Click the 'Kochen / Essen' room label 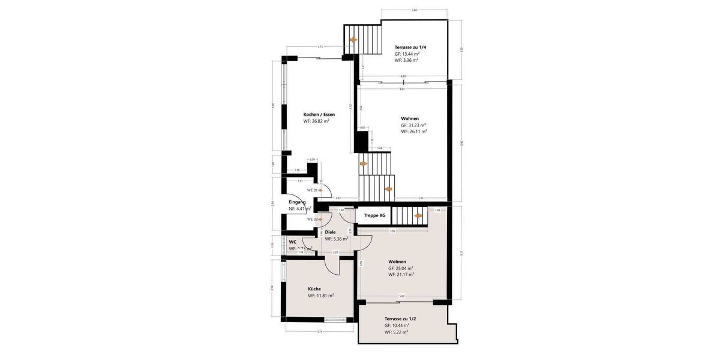tap(319, 114)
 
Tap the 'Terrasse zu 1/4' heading tap(410, 47)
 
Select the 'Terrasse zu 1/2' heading tap(401, 319)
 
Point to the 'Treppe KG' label tap(374, 215)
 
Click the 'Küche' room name tap(314, 289)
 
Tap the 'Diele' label tap(330, 232)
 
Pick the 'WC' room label tap(292, 242)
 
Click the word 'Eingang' tap(297, 202)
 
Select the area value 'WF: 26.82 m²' tap(316, 121)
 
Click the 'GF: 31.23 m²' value tap(413, 125)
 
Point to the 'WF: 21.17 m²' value tap(401, 274)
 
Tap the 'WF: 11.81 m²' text tap(320, 295)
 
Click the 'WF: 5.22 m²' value tap(396, 332)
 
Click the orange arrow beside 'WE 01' tap(320, 190)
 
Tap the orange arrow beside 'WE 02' tap(320, 219)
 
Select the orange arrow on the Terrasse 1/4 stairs tap(353, 40)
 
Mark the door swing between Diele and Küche tap(332, 264)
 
